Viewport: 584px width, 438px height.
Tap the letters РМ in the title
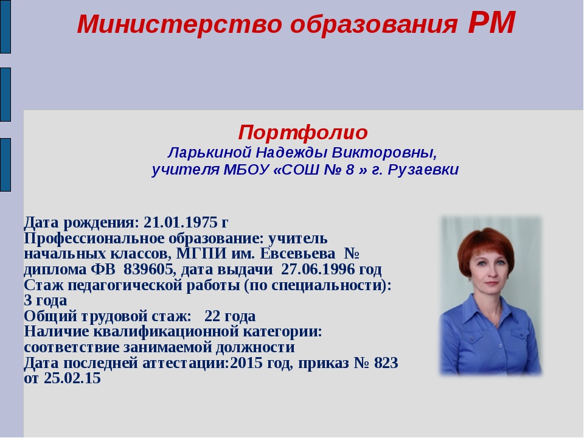pyautogui.click(x=492, y=23)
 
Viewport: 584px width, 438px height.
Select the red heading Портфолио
pyautogui.click(x=303, y=133)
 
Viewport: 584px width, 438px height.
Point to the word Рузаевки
pyautogui.click(x=423, y=170)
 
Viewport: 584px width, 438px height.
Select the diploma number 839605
pyautogui.click(x=148, y=269)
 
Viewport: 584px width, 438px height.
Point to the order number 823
pyautogui.click(x=386, y=363)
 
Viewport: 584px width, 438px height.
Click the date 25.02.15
pyautogui.click(x=72, y=378)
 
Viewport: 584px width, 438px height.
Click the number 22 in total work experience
pyautogui.click(x=212, y=316)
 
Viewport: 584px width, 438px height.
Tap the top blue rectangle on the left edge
pyautogui.click(x=5, y=27)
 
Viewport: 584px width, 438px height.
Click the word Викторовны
pyautogui.click(x=384, y=153)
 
